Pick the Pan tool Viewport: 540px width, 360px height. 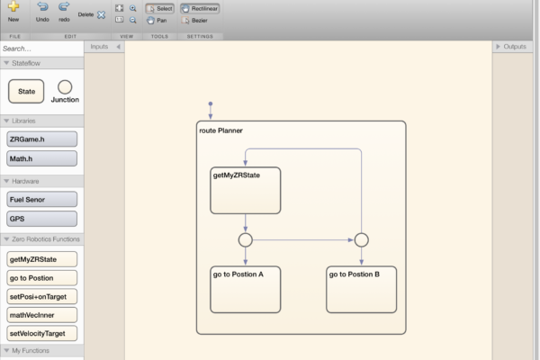pos(158,19)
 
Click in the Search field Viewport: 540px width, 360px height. pos(40,48)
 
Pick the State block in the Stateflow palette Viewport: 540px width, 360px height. pos(26,91)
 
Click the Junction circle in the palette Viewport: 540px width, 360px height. pos(65,88)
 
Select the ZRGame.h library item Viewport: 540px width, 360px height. pos(41,139)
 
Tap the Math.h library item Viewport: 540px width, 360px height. pos(41,158)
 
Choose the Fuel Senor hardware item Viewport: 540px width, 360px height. pos(41,199)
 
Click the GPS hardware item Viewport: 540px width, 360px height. pos(41,219)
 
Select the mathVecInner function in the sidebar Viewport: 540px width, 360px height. pos(41,315)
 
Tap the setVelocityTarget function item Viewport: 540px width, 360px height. pos(41,333)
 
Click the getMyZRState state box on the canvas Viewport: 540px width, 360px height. pos(246,190)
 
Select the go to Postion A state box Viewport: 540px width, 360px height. pos(246,288)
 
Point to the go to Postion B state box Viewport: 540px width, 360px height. pos(361,288)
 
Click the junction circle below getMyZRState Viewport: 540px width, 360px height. pos(246,240)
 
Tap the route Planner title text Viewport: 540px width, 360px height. pos(220,131)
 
